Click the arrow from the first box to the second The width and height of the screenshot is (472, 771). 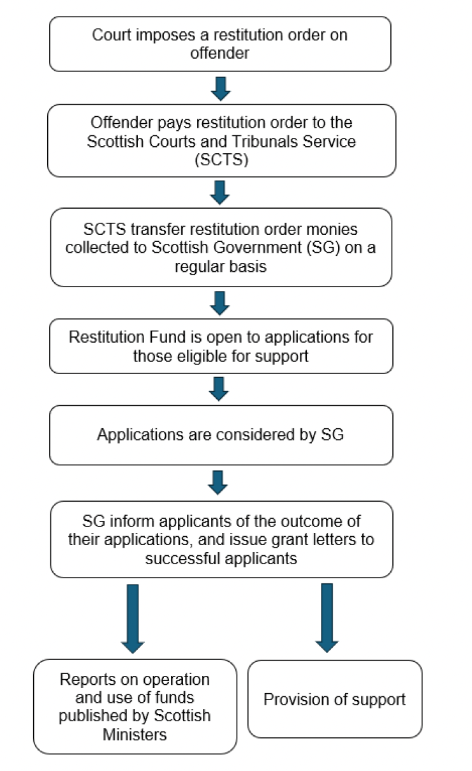click(220, 88)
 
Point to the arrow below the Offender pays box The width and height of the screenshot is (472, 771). click(220, 192)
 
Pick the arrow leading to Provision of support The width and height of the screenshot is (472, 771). click(327, 618)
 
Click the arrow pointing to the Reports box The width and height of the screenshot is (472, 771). click(133, 618)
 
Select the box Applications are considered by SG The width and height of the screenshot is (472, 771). click(221, 435)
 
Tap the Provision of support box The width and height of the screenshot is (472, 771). click(335, 699)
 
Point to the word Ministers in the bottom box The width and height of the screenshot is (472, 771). click(135, 734)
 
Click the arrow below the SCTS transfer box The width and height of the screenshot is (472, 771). click(220, 303)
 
